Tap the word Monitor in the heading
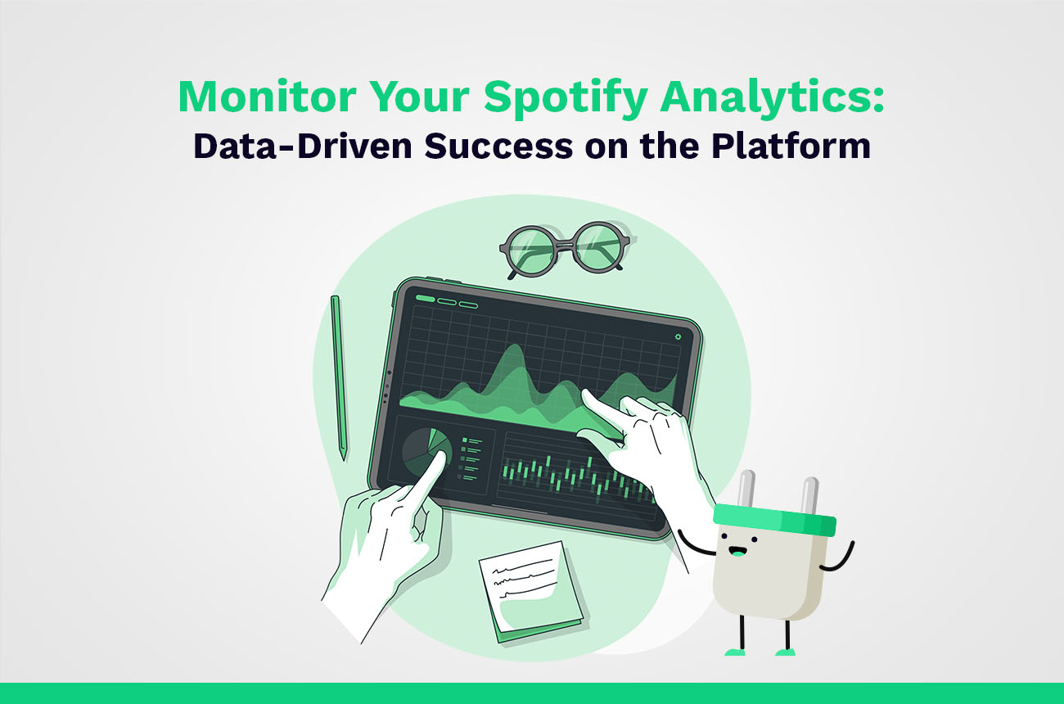tap(268, 97)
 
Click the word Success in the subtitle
tap(498, 146)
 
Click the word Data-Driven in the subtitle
tap(303, 146)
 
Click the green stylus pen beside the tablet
tap(339, 377)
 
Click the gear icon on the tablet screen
tap(678, 336)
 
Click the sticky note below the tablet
tap(533, 592)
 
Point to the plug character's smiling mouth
tap(737, 552)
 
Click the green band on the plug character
tap(774, 520)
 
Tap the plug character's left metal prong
tap(746, 490)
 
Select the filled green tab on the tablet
tap(425, 298)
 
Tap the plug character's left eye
tap(724, 536)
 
